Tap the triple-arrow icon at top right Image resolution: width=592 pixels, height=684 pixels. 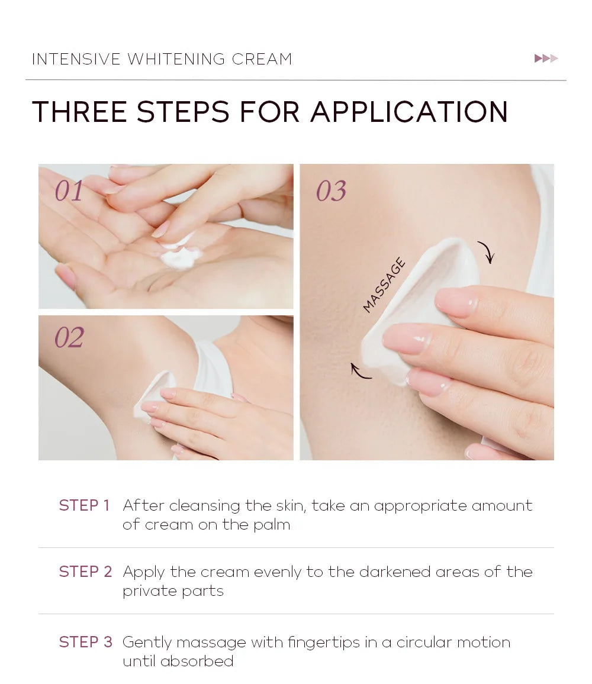pos(546,59)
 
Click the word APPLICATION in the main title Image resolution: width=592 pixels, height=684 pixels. pos(409,112)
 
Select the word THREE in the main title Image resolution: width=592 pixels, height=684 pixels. pos(79,112)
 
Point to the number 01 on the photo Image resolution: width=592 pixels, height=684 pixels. pos(69,191)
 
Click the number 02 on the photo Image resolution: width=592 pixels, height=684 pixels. pos(69,338)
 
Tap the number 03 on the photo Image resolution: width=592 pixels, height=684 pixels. pos(331,191)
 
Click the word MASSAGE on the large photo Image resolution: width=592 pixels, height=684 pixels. pos(384,285)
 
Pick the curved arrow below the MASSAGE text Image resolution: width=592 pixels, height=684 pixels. pos(361,371)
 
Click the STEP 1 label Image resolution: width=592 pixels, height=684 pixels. pos(85,505)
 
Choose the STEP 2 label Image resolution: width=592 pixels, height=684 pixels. pos(85,572)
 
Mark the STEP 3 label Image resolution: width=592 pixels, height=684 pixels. pos(85,642)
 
